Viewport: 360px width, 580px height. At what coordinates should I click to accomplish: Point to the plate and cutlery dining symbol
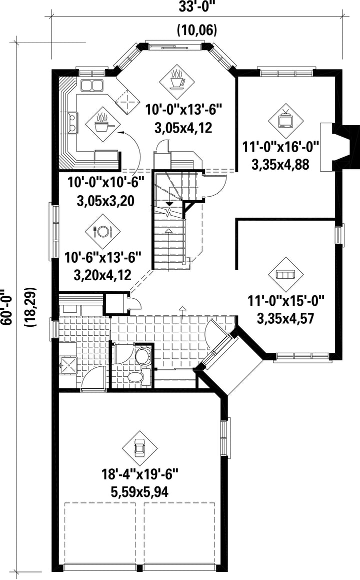coord(102,232)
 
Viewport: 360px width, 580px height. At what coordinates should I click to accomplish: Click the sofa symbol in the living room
coord(285,274)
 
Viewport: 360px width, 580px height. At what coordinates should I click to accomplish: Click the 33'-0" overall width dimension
coord(197,7)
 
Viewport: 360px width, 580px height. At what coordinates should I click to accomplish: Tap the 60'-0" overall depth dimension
coord(6,307)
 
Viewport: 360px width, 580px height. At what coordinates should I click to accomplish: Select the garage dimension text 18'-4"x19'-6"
coord(140,474)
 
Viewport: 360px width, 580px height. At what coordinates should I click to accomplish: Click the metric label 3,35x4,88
coord(280,165)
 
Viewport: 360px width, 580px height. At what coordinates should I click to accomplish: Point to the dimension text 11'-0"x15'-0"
coord(285,300)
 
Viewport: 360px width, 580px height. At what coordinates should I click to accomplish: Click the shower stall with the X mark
coord(68,365)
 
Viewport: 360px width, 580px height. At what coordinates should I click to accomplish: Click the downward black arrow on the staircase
coord(169,204)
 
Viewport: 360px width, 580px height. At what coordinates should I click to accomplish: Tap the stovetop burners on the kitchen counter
coord(73,123)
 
